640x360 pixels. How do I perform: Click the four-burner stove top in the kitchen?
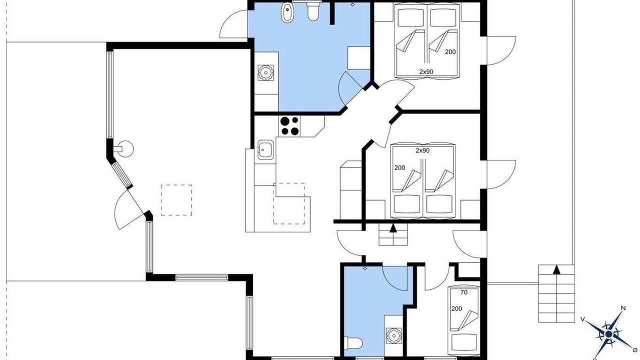[290, 126]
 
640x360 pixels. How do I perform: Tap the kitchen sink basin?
[265, 149]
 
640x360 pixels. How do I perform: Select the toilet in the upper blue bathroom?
[313, 11]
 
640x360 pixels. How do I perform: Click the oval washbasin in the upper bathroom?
[287, 13]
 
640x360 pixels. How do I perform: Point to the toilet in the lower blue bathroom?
[353, 343]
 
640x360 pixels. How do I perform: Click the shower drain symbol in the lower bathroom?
[365, 268]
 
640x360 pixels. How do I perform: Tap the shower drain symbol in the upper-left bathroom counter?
[266, 72]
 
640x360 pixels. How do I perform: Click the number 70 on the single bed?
[464, 292]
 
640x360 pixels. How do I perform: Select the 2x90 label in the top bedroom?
[426, 71]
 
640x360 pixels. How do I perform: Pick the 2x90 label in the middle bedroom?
[422, 150]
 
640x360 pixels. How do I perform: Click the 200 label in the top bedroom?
[450, 52]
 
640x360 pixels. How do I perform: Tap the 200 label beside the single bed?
[456, 309]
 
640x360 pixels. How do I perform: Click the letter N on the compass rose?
[623, 308]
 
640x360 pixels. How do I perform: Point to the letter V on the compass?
[583, 319]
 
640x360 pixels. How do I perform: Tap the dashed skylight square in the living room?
[176, 200]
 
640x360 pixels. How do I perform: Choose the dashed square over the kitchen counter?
[289, 203]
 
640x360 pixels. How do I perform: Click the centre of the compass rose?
[608, 334]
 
